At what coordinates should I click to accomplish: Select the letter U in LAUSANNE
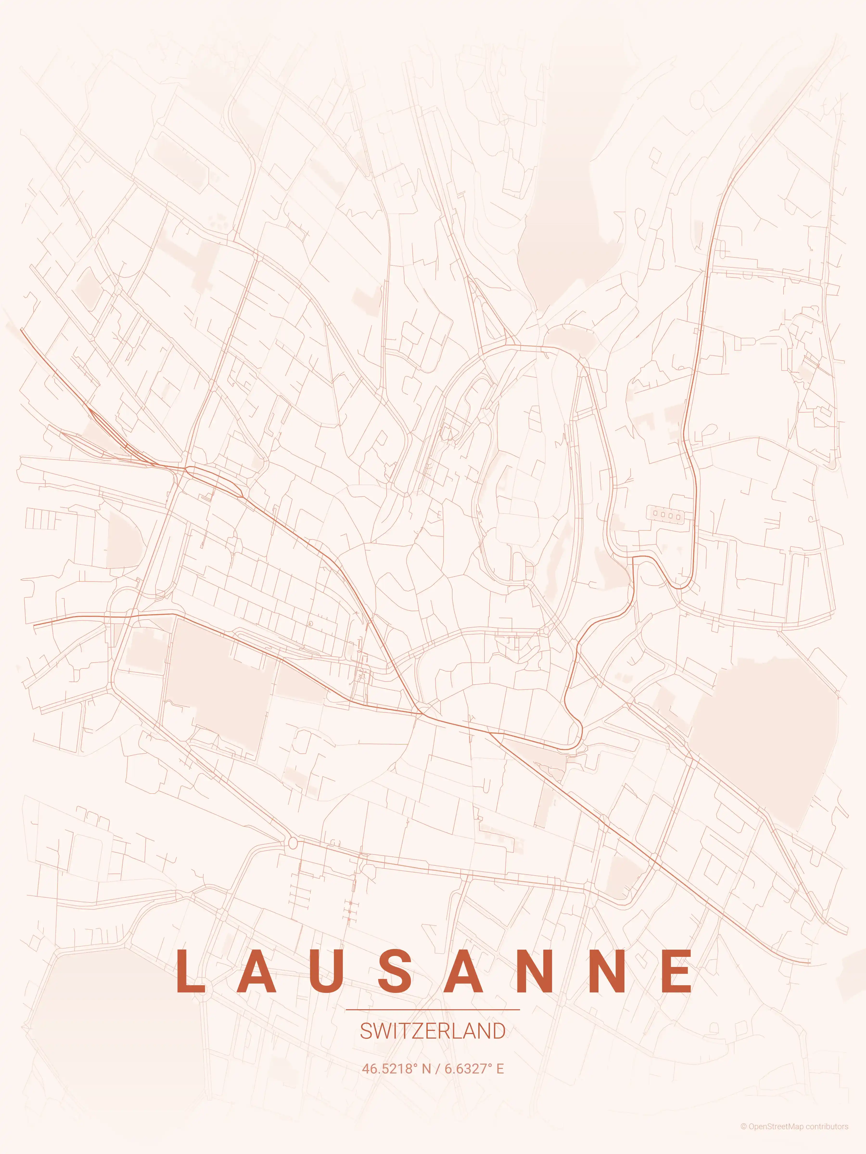326,971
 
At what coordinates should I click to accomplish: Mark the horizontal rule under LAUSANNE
433,1010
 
